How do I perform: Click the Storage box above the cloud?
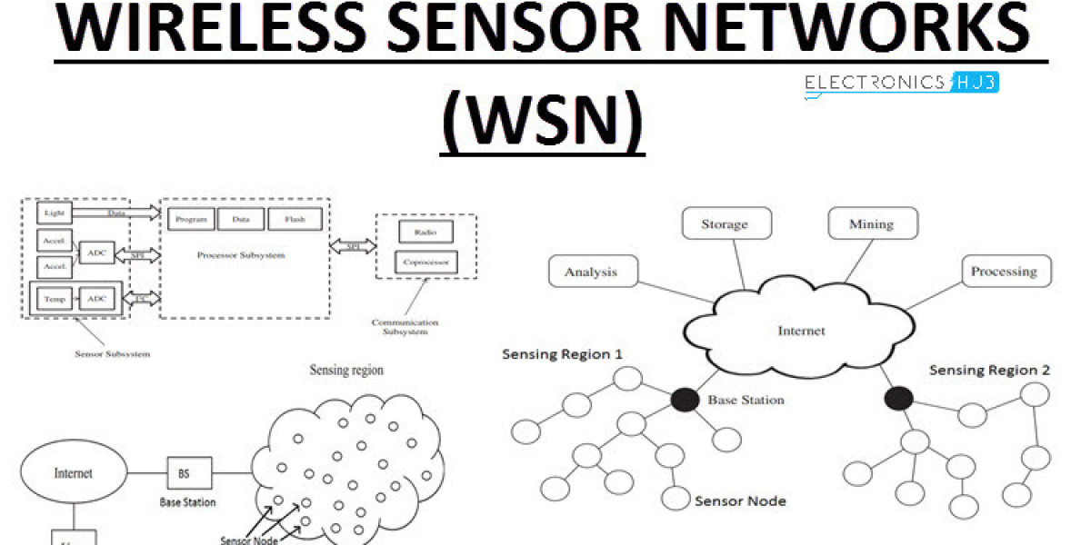pos(725,223)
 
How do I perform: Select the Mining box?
pos(871,223)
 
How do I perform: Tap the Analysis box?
pos(591,272)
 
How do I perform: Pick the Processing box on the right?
pos(1003,271)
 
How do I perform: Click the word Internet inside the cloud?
pos(801,331)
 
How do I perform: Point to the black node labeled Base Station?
pos(685,399)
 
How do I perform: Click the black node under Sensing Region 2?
pos(898,398)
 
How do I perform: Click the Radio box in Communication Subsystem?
pos(425,232)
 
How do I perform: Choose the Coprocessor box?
pos(425,263)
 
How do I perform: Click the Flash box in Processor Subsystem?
pos(294,219)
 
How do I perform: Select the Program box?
pos(191,219)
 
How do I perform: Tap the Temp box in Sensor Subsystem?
pos(54,298)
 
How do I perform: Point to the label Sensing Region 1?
pos(562,353)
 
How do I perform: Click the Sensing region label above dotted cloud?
pos(346,370)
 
